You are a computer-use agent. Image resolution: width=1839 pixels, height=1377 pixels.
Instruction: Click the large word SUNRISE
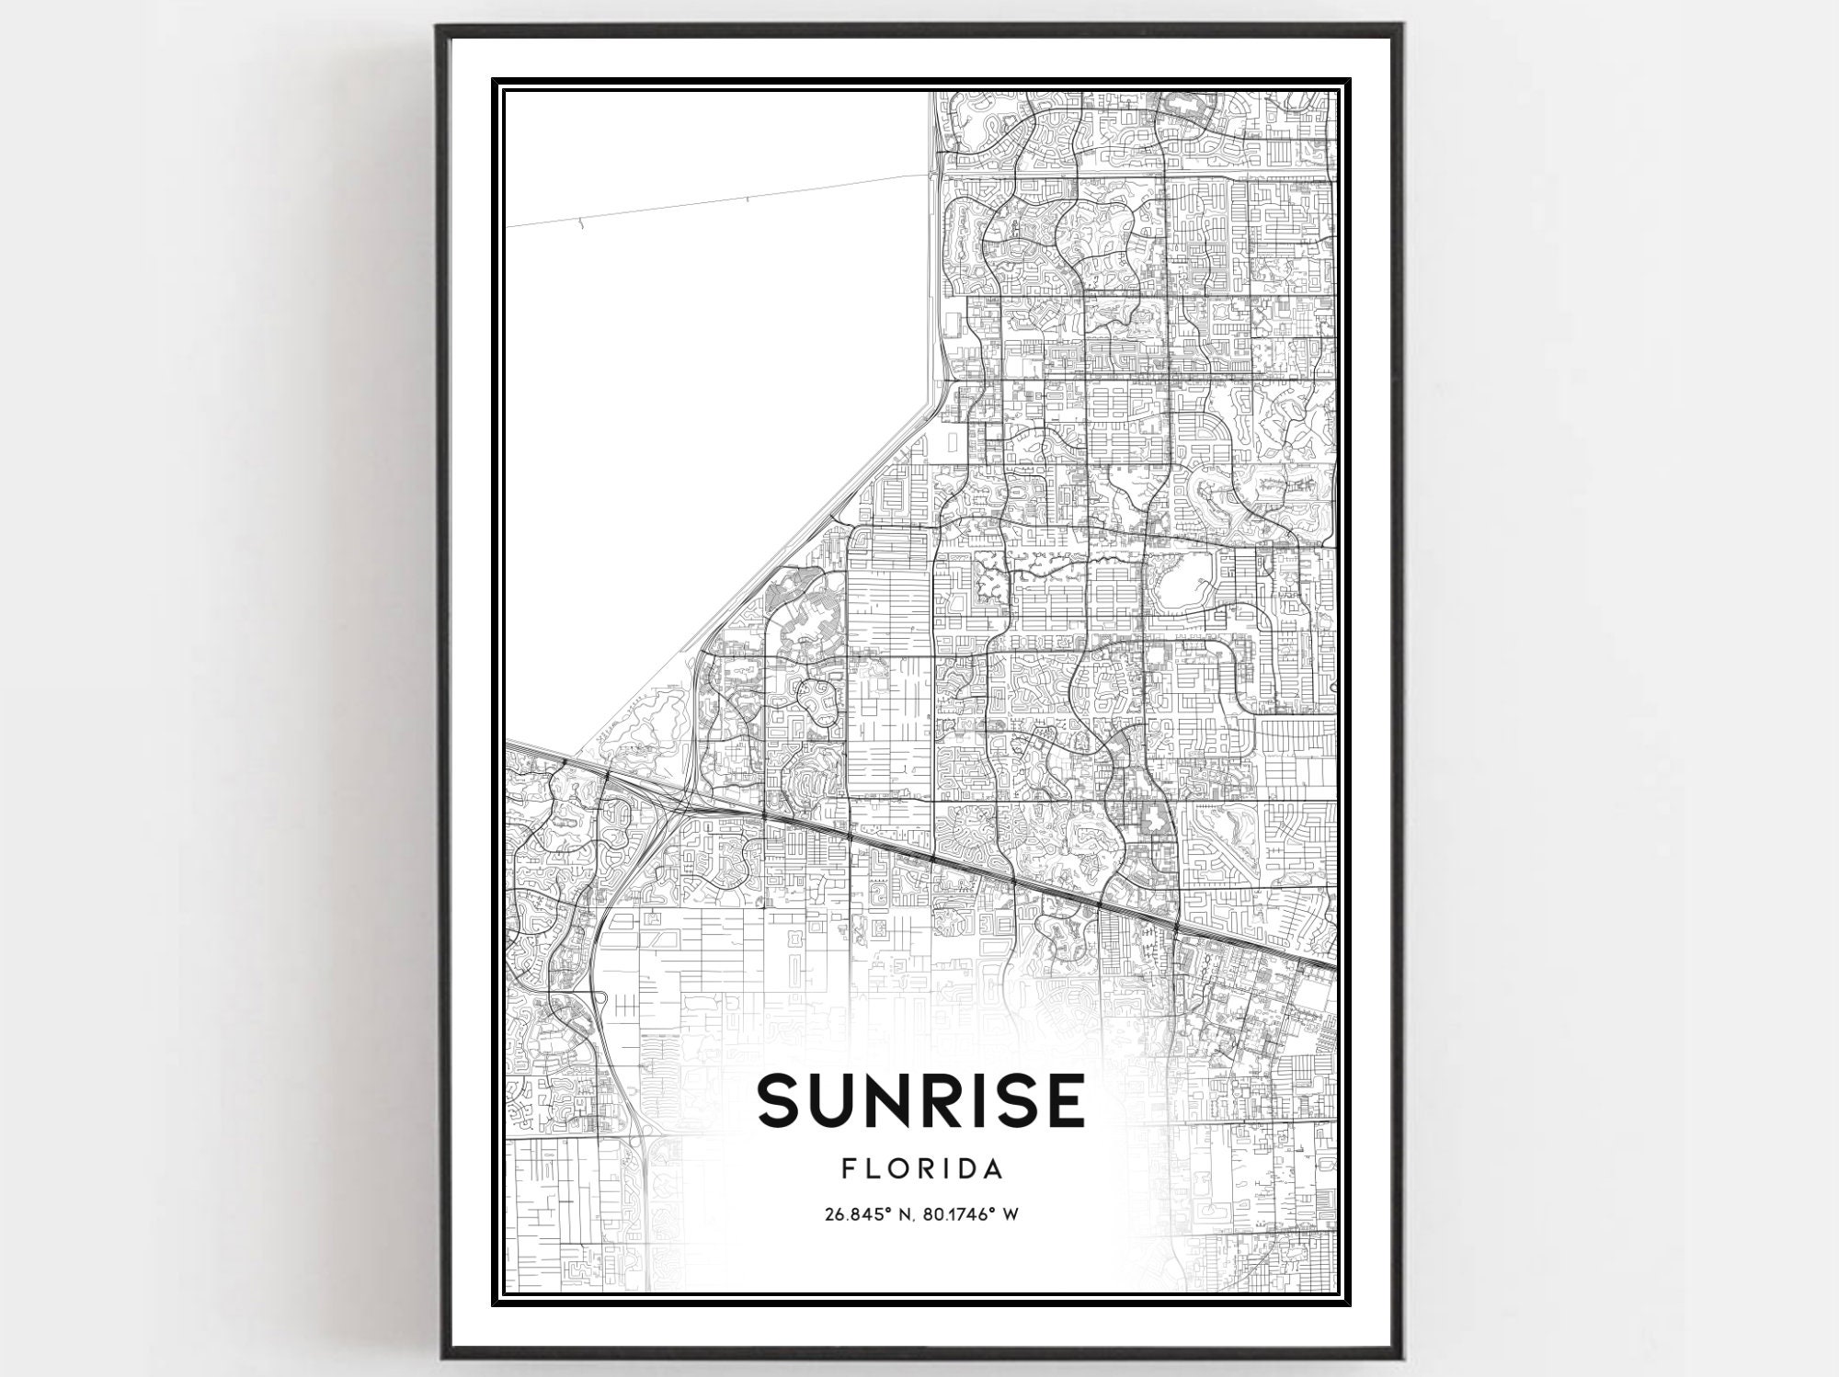(920, 1100)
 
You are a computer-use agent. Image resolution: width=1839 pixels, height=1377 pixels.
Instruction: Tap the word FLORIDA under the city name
(920, 1169)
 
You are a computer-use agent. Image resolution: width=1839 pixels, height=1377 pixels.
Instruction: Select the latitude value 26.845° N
(876, 1214)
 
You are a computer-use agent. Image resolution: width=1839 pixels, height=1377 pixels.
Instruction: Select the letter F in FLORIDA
(847, 1169)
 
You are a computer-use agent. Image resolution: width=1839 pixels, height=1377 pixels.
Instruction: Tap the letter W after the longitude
(1010, 1214)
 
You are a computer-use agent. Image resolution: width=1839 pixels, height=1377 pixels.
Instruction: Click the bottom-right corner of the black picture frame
(1400, 1355)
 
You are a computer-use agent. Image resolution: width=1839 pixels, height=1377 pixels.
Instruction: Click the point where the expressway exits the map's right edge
(1334, 967)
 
